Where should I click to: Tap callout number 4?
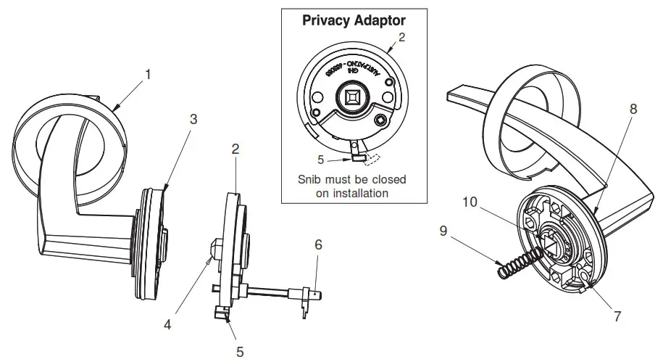167,325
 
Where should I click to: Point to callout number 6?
317,246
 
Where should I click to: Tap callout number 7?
617,316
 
